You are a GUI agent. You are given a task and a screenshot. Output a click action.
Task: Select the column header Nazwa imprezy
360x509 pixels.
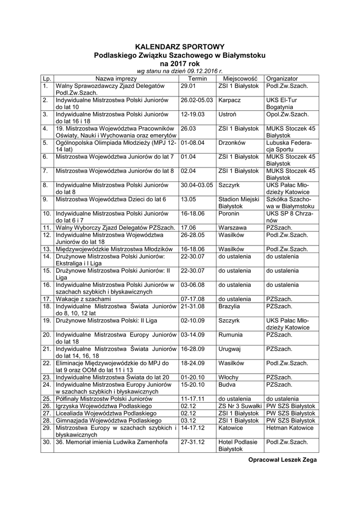click(x=116, y=79)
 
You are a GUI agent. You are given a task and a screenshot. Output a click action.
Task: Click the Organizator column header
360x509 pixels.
click(x=282, y=79)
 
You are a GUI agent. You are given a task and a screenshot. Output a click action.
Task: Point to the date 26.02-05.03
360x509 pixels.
click(x=197, y=100)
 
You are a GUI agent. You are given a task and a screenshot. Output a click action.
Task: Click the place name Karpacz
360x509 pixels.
click(x=229, y=100)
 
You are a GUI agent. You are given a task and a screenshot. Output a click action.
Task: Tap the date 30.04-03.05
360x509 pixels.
click(x=197, y=185)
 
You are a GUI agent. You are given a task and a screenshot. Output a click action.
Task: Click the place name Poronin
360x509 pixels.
click(x=229, y=214)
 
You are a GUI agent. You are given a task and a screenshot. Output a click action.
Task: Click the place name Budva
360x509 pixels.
click(x=227, y=384)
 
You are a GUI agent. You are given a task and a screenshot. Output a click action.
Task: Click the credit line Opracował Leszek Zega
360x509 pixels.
click(x=282, y=460)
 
